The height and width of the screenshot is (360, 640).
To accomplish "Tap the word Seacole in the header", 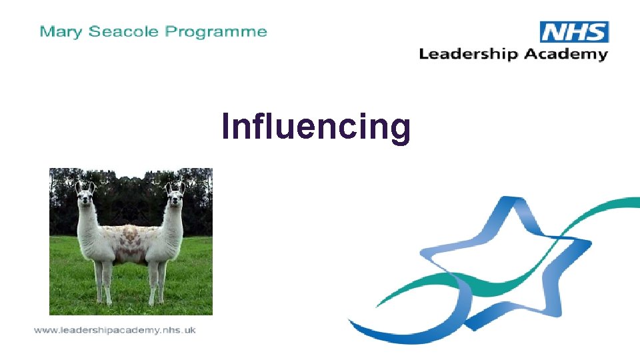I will (119, 31).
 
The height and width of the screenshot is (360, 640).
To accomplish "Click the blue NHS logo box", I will (574, 31).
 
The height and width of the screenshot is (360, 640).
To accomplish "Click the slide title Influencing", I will (316, 126).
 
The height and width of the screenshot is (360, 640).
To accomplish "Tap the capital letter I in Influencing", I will (226, 126).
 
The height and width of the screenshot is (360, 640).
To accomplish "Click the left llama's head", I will (85, 195).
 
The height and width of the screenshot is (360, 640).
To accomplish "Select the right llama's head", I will (175, 195).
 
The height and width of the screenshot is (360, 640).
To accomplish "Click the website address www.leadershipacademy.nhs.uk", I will (115, 330).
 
